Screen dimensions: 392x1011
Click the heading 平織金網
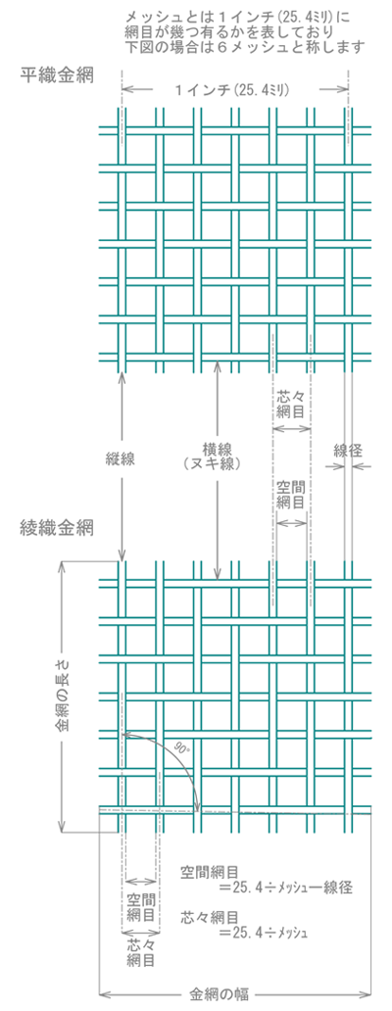click(58, 76)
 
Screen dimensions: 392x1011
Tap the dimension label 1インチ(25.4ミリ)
click(234, 90)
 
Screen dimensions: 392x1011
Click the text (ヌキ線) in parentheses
click(217, 462)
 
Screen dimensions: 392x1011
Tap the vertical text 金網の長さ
click(61, 694)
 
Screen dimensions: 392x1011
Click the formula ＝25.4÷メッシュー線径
click(284, 888)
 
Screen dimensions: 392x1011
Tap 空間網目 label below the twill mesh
click(141, 906)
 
